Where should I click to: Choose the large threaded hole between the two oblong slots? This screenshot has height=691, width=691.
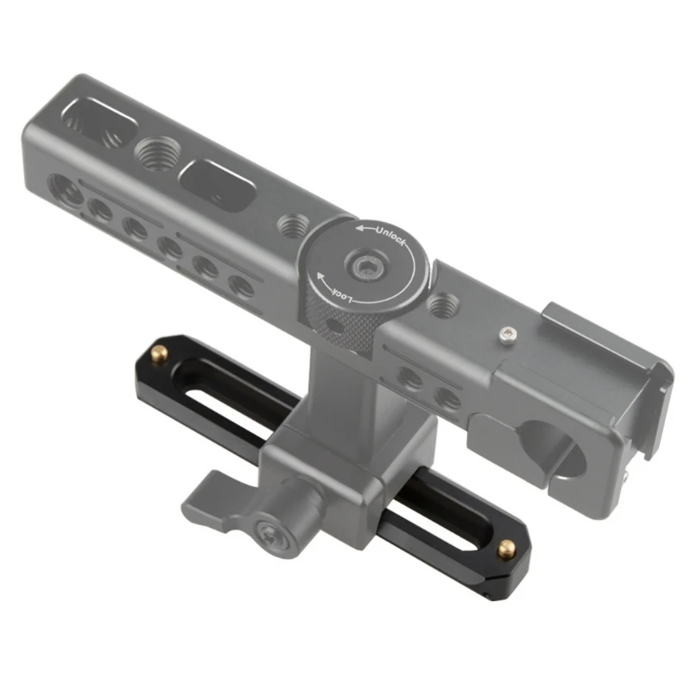point(156,155)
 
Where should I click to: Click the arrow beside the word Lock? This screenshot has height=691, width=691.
point(320,277)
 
